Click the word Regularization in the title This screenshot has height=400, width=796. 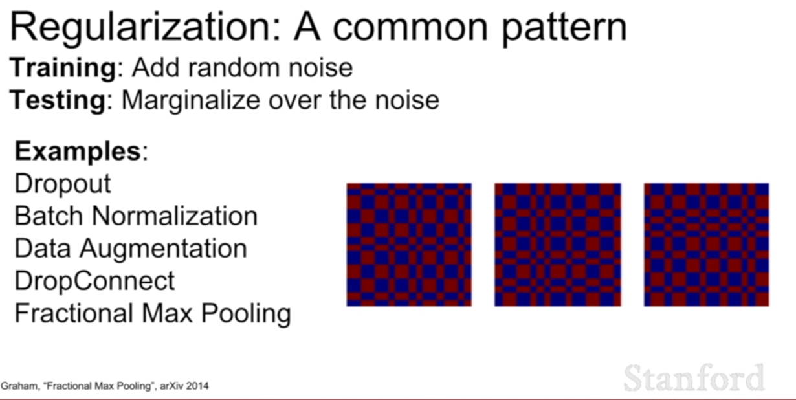point(145,28)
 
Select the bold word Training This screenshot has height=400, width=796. point(63,68)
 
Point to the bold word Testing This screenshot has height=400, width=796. point(58,100)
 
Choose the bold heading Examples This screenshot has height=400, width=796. point(78,151)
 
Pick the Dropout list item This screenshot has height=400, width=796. point(63,184)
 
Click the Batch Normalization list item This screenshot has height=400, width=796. point(136,216)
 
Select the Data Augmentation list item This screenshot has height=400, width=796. point(131,249)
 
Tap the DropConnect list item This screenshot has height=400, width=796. point(94,280)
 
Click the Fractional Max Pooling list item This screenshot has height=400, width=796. point(153,314)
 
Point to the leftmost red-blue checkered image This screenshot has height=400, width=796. point(410,245)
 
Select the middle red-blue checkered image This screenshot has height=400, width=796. point(558,245)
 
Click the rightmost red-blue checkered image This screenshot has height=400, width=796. point(707,245)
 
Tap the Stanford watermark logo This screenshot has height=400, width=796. point(694,377)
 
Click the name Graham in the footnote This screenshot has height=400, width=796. point(20,386)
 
